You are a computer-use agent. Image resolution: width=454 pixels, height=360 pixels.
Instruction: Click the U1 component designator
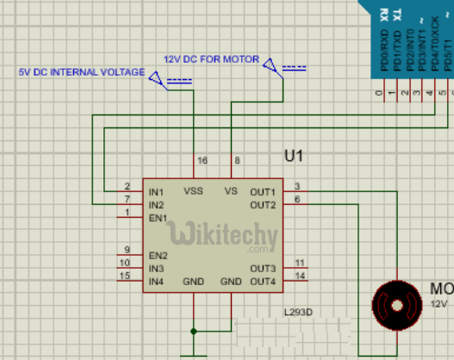pyautogui.click(x=294, y=157)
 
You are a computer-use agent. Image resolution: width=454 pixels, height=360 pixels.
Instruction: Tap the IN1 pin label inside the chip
pyautogui.click(x=156, y=191)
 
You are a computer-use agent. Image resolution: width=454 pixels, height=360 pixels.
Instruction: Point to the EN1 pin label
pyautogui.click(x=157, y=218)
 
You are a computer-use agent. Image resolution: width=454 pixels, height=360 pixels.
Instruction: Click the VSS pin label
pyautogui.click(x=193, y=191)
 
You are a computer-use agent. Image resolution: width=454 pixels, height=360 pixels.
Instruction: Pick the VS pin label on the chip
pyautogui.click(x=230, y=191)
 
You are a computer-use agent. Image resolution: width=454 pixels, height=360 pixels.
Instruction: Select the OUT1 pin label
pyautogui.click(x=263, y=191)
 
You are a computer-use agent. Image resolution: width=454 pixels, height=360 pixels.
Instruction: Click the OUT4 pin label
pyautogui.click(x=263, y=282)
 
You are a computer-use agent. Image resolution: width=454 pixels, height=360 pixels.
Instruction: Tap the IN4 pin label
pyautogui.click(x=156, y=282)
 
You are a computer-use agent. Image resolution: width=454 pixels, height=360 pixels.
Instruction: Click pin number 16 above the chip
pyautogui.click(x=202, y=161)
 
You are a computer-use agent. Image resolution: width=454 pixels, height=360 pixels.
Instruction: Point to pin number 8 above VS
pyautogui.click(x=237, y=161)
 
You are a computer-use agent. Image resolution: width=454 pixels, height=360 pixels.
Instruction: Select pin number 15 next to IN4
pyautogui.click(x=125, y=276)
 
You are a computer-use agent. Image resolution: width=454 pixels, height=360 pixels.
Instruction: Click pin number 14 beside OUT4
pyautogui.click(x=299, y=276)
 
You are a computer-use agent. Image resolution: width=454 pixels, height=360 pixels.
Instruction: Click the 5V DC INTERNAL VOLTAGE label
pyautogui.click(x=82, y=72)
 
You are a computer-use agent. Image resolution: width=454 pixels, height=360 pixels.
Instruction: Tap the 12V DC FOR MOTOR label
pyautogui.click(x=210, y=59)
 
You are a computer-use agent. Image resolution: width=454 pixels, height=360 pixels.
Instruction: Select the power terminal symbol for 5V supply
pyautogui.click(x=159, y=79)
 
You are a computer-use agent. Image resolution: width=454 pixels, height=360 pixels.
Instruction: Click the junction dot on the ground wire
pyautogui.click(x=194, y=330)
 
